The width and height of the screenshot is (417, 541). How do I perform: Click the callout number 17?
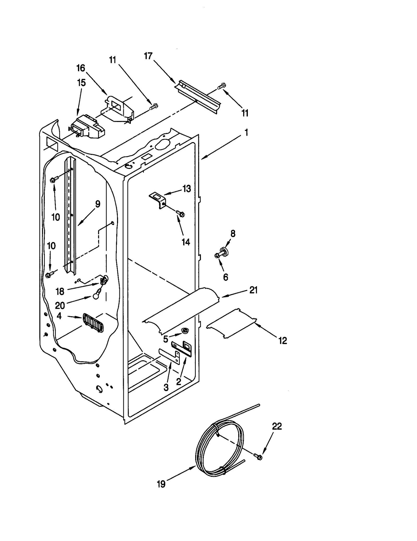pos(148,56)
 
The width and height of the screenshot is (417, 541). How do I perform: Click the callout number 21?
pos(253,290)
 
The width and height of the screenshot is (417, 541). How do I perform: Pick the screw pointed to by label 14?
pos(180,214)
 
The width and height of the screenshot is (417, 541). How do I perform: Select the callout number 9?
pos(97,204)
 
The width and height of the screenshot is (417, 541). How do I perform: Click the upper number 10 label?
pos(56,217)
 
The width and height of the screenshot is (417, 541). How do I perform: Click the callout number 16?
pos(81,68)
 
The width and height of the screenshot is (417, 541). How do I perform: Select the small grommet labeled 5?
pos(185,331)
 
